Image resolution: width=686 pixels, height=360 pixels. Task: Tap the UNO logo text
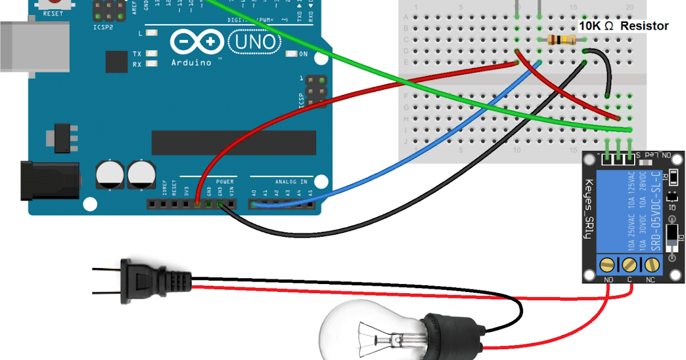tap(254, 41)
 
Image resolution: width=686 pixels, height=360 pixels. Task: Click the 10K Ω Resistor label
tap(623, 26)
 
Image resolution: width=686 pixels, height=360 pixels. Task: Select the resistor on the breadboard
tap(561, 39)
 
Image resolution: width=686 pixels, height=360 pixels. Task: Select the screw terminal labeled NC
tap(651, 264)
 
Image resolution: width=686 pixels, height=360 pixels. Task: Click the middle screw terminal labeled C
tap(629, 264)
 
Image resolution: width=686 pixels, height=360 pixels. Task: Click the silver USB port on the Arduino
tap(17, 46)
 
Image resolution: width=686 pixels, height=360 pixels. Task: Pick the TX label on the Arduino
tap(137, 54)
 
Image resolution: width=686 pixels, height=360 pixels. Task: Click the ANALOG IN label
tap(292, 182)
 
